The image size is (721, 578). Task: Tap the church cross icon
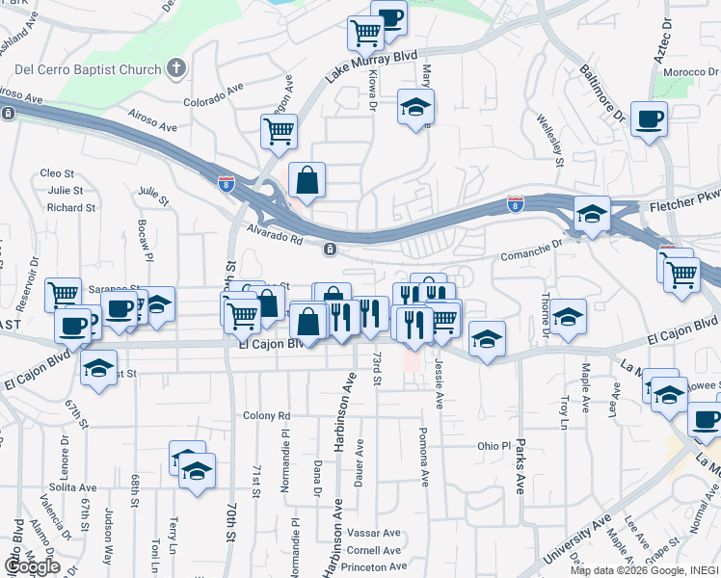[x=175, y=68]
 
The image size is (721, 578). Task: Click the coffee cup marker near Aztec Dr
[x=650, y=119]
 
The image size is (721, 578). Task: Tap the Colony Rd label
[x=267, y=415]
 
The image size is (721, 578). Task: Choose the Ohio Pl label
[x=493, y=446]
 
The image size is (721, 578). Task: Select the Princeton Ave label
[x=373, y=568]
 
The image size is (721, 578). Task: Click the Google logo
[x=32, y=566]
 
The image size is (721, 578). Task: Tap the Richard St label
[x=71, y=207]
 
